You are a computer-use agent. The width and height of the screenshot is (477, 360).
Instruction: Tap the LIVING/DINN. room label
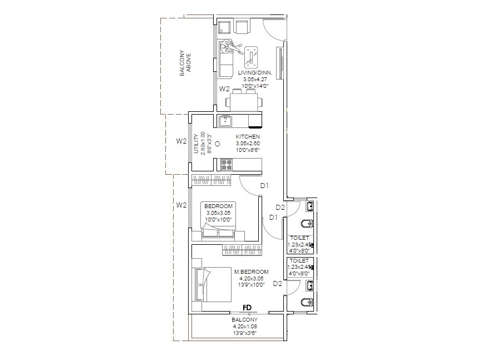[250, 73]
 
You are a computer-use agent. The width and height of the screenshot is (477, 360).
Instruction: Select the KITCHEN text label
[248, 136]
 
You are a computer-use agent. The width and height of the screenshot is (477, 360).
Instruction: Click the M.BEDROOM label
[252, 272]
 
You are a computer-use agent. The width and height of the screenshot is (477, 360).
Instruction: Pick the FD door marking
[247, 308]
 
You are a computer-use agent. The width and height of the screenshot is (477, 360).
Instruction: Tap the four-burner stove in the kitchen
[227, 164]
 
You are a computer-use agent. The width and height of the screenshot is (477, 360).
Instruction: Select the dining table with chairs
[242, 102]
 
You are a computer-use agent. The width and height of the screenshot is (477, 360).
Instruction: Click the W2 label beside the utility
[181, 141]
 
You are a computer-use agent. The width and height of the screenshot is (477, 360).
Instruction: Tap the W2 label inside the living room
[224, 89]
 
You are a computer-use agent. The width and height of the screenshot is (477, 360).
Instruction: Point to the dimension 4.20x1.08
[244, 327]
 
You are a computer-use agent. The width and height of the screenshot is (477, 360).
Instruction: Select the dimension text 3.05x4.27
[250, 80]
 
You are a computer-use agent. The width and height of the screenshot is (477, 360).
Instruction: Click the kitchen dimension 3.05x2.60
[248, 143]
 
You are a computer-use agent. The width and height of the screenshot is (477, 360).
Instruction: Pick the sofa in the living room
[225, 60]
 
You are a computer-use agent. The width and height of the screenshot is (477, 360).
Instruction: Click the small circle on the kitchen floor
[218, 144]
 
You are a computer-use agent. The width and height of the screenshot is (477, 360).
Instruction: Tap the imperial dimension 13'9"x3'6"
[244, 333]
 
